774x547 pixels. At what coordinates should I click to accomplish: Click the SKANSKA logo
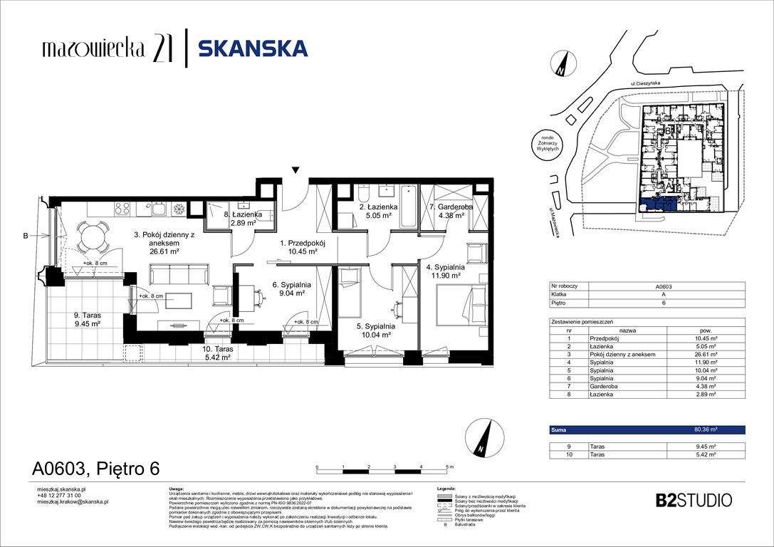click(x=252, y=48)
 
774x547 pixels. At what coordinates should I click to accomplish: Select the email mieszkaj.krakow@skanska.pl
click(x=72, y=501)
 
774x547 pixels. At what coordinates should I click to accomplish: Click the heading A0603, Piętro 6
click(x=95, y=468)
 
